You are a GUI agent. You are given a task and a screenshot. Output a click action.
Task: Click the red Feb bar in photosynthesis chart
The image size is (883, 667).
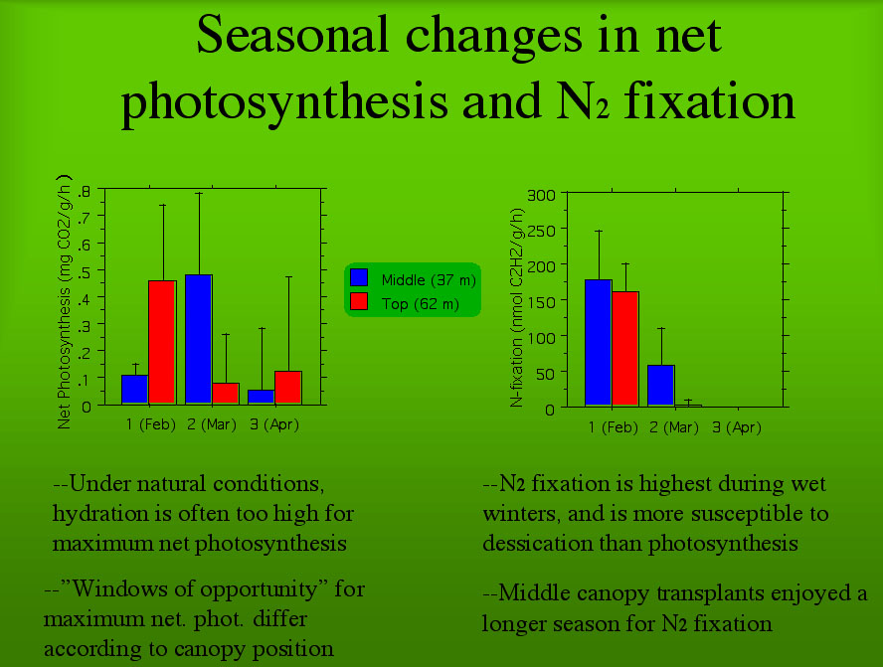pyautogui.click(x=162, y=342)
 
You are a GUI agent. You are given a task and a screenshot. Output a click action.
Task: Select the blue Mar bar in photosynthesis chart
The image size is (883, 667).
pyautogui.click(x=198, y=339)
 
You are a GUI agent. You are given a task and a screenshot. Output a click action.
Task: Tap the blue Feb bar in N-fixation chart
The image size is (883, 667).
pyautogui.click(x=598, y=343)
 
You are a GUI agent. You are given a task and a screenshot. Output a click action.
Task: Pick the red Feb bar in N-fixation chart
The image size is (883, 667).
pyautogui.click(x=625, y=349)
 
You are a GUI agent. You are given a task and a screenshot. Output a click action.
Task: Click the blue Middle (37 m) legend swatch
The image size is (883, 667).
pyautogui.click(x=360, y=279)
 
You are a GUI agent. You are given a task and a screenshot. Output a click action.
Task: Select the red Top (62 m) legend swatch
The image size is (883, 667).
pyautogui.click(x=360, y=301)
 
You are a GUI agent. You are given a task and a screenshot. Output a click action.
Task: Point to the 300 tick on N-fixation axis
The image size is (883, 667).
pyautogui.click(x=541, y=194)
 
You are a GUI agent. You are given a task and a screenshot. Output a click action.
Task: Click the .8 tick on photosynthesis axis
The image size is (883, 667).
pyautogui.click(x=85, y=191)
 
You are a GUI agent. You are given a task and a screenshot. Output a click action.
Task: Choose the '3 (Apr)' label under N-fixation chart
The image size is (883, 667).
pyautogui.click(x=737, y=428)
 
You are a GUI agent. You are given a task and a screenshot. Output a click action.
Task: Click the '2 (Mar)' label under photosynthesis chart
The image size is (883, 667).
pyautogui.click(x=212, y=424)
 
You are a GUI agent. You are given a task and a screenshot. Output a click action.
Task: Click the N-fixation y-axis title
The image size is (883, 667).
pyautogui.click(x=516, y=308)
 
